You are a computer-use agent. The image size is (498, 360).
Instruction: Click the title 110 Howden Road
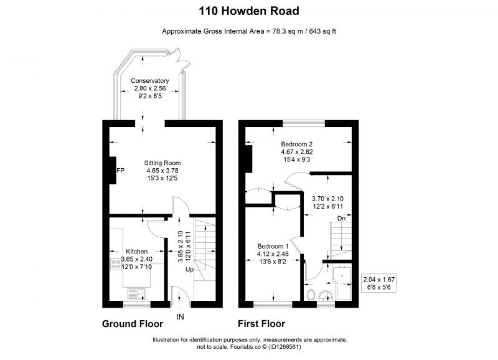tap(248, 11)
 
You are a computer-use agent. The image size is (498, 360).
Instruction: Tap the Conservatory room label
tap(149, 81)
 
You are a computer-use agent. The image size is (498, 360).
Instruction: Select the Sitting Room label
tap(162, 163)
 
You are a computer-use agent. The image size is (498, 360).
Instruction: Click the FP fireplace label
tap(121, 171)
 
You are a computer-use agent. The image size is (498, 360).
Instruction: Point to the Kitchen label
tap(136, 252)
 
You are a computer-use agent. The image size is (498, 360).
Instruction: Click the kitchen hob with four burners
tap(116, 264)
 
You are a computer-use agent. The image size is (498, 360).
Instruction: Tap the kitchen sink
tap(136, 294)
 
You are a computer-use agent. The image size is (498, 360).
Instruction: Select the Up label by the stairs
tap(189, 270)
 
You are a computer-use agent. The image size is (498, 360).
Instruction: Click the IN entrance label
tap(180, 317)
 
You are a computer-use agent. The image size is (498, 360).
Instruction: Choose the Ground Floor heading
tap(133, 324)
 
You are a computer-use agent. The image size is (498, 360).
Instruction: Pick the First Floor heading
tap(261, 324)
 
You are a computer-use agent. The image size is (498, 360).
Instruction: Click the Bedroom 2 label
tap(297, 144)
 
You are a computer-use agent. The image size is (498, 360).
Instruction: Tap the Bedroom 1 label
tap(273, 246)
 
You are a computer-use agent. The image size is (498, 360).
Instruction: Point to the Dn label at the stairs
tap(341, 218)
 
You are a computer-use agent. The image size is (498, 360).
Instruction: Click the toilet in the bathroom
tap(311, 295)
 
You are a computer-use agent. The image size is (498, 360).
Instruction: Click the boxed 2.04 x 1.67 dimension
tap(379, 283)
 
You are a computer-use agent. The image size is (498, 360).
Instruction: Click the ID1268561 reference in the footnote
tap(284, 347)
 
